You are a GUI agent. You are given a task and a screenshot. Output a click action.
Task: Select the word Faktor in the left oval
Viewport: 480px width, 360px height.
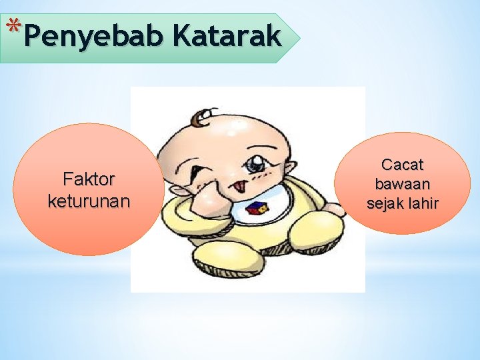point(89,179)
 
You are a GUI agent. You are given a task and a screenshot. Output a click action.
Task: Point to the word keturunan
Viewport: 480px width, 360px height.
point(89,201)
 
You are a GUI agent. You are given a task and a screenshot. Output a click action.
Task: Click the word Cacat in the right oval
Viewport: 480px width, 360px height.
point(402,164)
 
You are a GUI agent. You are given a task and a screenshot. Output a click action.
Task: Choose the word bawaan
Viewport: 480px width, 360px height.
point(402,183)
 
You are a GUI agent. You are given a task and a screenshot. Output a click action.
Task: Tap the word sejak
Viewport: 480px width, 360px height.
point(386,203)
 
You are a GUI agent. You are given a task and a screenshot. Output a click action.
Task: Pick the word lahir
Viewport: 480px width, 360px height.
point(423,203)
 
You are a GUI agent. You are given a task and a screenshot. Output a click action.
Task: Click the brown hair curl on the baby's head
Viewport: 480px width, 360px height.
point(199,118)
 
